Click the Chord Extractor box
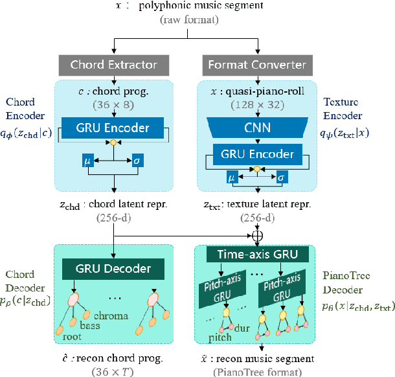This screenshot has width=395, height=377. (x=114, y=64)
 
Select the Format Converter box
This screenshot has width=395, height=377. (x=258, y=64)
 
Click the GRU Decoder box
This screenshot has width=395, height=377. (x=114, y=268)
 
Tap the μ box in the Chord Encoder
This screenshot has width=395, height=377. (x=87, y=159)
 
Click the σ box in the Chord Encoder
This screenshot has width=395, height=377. (x=137, y=159)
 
